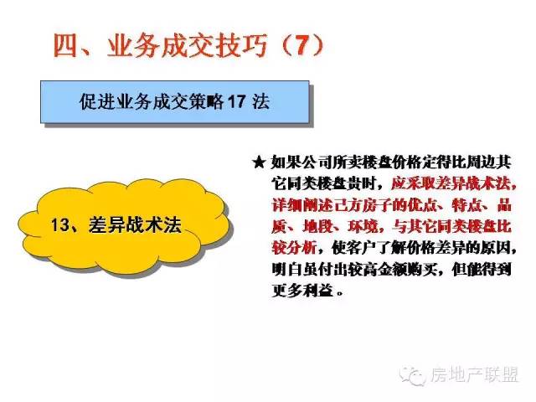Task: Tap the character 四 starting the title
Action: tap(65, 46)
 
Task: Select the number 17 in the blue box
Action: tap(236, 101)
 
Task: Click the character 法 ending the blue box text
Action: tap(260, 101)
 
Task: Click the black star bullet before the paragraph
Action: tap(259, 162)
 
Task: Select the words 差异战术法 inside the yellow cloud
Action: tap(135, 225)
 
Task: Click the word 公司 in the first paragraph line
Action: tap(317, 162)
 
